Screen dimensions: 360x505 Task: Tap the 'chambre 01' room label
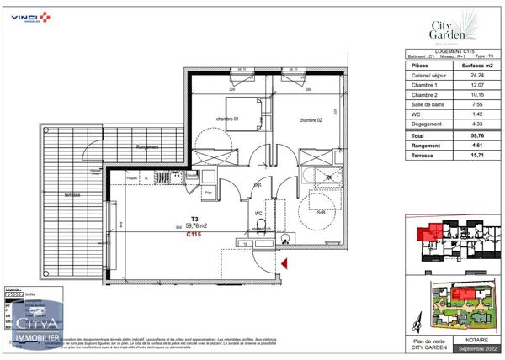226,120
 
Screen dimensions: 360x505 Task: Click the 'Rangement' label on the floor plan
147,147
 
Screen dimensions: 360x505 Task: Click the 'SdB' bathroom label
321,213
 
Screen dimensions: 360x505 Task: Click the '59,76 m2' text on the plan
198,225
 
